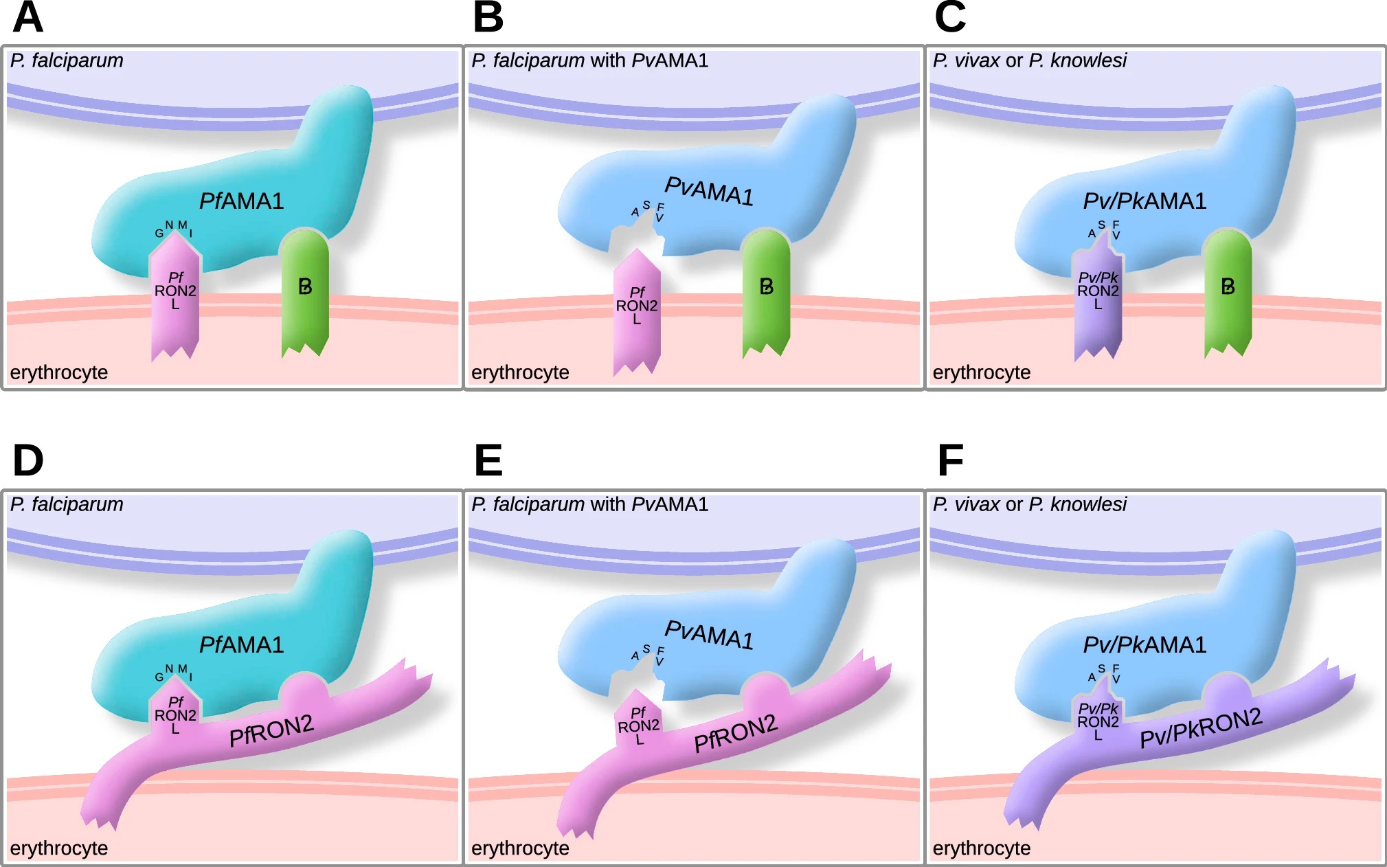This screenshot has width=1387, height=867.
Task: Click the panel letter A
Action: click(x=27, y=18)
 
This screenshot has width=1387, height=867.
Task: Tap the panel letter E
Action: click(x=488, y=460)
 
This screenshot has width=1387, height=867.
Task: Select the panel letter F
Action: click(x=950, y=460)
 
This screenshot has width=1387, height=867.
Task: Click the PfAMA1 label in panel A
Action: click(x=241, y=201)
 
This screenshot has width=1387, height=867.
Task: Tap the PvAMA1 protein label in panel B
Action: click(x=709, y=191)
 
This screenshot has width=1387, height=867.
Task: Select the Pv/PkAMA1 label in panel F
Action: click(x=1144, y=645)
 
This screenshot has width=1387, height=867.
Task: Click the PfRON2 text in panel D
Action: click(x=271, y=730)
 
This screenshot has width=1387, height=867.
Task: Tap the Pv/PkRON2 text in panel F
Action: click(x=1201, y=728)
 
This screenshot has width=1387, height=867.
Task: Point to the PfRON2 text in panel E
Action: click(x=736, y=733)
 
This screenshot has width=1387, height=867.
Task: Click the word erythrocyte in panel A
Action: click(x=59, y=372)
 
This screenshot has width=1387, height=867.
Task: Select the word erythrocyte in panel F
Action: click(x=981, y=848)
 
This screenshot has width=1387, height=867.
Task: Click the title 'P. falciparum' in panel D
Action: click(x=67, y=504)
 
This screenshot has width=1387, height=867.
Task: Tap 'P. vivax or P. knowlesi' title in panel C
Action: click(x=1029, y=60)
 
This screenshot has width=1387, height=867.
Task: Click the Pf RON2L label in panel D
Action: click(x=175, y=715)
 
